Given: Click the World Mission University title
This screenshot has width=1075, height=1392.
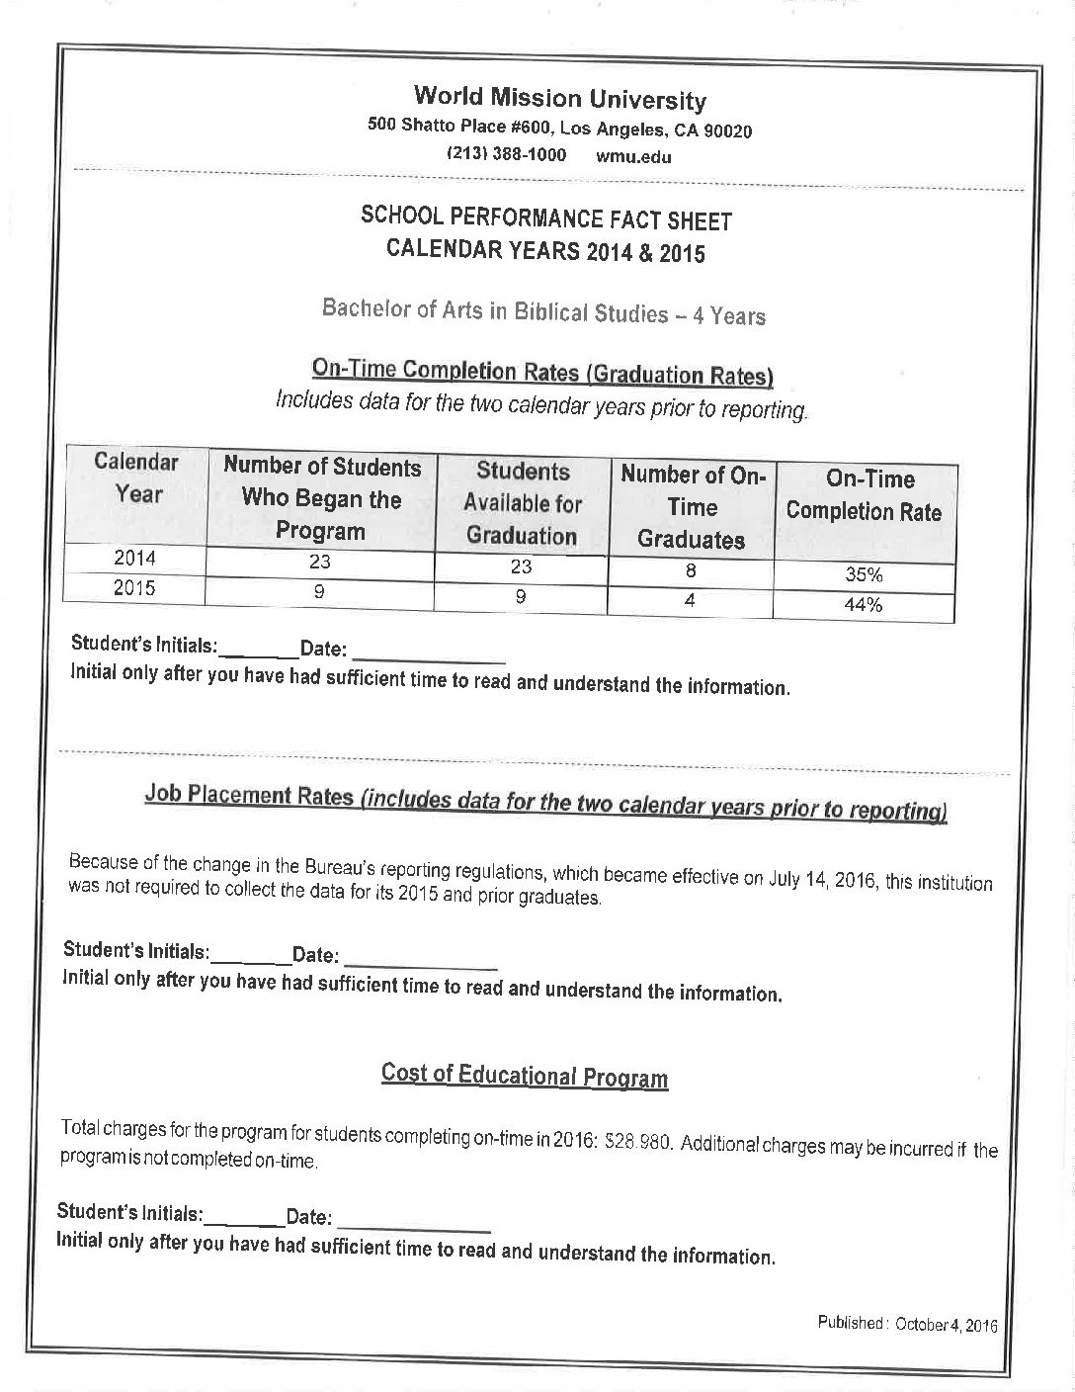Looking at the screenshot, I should pyautogui.click(x=559, y=98).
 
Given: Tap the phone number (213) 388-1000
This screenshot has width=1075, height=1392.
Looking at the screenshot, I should pyautogui.click(x=506, y=154).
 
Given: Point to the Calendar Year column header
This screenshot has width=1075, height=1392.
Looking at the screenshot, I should pyautogui.click(x=136, y=478).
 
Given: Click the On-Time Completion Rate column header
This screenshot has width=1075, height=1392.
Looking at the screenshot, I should pyautogui.click(x=864, y=495).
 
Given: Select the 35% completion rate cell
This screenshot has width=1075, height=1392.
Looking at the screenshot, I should pyautogui.click(x=864, y=574).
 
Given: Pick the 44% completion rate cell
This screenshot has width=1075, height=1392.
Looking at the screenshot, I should pyautogui.click(x=864, y=605).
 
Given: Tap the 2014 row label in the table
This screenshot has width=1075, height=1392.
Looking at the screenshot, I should pyautogui.click(x=134, y=558).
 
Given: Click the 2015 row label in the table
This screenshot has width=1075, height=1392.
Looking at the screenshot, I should pyautogui.click(x=134, y=588).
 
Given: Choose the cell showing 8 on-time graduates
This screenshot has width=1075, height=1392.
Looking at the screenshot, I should pyautogui.click(x=691, y=569).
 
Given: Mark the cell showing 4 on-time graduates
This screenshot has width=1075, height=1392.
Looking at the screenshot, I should pyautogui.click(x=691, y=600).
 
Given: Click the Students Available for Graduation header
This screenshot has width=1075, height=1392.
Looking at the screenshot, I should pyautogui.click(x=522, y=503).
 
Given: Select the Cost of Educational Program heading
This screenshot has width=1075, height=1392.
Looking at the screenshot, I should pyautogui.click(x=524, y=1076).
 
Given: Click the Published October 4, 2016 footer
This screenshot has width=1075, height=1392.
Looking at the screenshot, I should pyautogui.click(x=907, y=1324).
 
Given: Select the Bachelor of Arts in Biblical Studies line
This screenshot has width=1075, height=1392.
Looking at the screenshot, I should pyautogui.click(x=543, y=311).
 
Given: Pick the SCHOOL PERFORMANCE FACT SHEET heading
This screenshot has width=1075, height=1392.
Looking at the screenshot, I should pyautogui.click(x=546, y=219).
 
